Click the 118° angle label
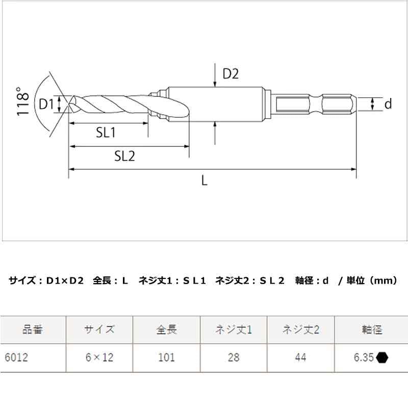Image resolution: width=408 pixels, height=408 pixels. point(21,103)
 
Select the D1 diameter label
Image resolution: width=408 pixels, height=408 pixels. point(46,105)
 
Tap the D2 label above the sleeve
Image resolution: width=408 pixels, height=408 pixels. point(231,74)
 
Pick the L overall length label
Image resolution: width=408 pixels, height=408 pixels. point(205,181)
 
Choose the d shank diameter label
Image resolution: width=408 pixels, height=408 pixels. point(388,104)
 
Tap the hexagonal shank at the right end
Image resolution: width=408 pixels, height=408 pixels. point(316,105)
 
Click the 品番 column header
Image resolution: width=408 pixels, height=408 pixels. point(33,329)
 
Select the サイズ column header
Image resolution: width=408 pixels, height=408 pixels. point(99,329)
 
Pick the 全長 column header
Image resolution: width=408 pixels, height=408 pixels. point(166,329)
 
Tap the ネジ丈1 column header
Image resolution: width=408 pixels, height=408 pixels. point(234,329)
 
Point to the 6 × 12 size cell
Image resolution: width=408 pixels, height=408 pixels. point(99,358)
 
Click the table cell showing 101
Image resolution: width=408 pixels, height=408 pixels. point(166,358)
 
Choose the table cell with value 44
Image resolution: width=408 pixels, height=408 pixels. point(300,358)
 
